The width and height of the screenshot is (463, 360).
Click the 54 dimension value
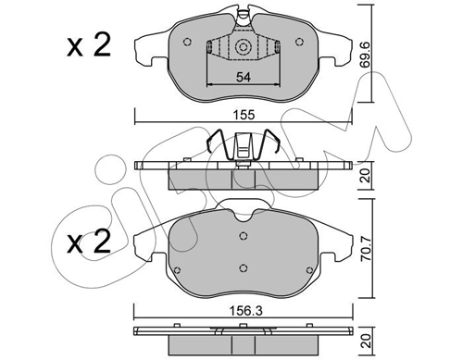click(244, 77)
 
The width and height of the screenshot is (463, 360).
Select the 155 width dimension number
click(244, 115)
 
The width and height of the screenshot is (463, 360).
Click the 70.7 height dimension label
click(367, 249)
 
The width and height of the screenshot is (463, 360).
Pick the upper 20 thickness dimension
click(366, 175)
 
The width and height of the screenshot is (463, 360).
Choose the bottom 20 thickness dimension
click(366, 341)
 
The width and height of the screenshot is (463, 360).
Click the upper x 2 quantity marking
click(89, 45)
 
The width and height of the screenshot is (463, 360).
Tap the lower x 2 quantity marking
click(89, 242)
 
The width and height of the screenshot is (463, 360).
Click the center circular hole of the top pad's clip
click(243, 47)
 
